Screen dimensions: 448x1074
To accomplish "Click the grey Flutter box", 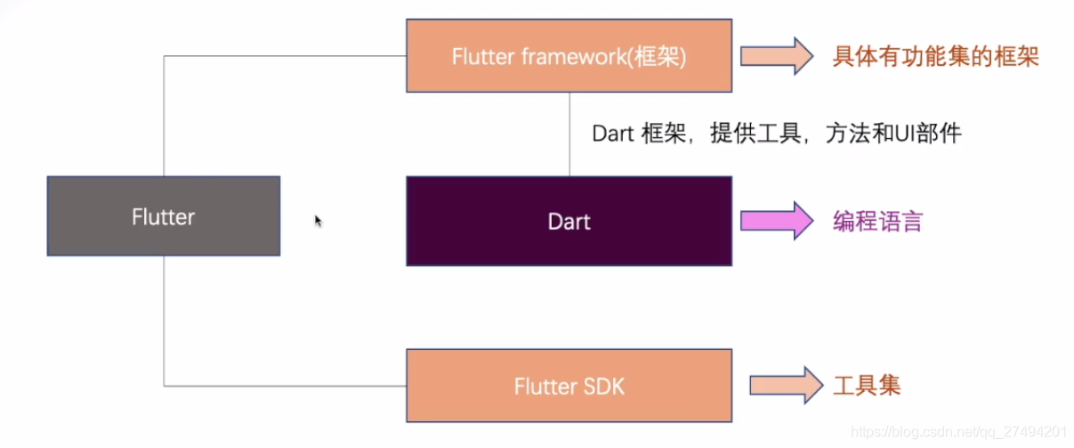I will tap(163, 216).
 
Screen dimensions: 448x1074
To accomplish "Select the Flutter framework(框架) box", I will tap(569, 56).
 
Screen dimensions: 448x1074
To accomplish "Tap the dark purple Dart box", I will tap(569, 221).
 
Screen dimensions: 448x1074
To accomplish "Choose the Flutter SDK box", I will tap(569, 386).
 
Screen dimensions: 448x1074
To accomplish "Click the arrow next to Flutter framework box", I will tap(776, 56).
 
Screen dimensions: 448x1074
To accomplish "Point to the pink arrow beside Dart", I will tap(776, 220).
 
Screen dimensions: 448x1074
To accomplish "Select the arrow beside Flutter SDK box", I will tap(787, 385).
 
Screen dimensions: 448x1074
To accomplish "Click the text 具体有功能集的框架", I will tap(935, 57).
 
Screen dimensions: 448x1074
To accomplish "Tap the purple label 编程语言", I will tap(877, 221).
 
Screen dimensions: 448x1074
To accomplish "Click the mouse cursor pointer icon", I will tap(318, 221).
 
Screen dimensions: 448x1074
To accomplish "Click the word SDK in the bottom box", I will tap(605, 387).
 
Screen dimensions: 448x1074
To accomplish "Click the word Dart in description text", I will tap(612, 134).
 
